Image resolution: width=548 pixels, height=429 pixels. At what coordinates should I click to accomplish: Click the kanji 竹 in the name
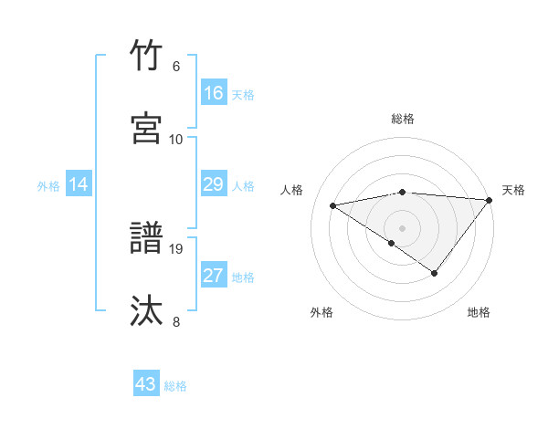(x=147, y=56)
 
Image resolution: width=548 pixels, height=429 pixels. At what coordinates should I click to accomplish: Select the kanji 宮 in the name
(x=147, y=129)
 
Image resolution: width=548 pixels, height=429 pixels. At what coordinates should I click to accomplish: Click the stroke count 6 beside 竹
(x=176, y=67)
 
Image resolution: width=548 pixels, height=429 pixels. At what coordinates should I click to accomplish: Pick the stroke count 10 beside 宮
(x=176, y=140)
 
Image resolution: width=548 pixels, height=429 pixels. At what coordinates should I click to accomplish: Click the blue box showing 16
(x=213, y=93)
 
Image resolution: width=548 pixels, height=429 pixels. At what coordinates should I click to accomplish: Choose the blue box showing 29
(x=213, y=184)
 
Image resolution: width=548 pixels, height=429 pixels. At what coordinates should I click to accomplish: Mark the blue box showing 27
(x=213, y=276)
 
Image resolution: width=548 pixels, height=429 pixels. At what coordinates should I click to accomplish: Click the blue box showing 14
(x=79, y=184)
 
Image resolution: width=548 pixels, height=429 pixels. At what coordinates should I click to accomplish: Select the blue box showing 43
(x=146, y=385)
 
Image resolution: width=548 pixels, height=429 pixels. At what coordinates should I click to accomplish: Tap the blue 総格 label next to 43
(x=175, y=386)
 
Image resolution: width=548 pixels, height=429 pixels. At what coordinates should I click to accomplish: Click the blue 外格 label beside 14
(x=48, y=185)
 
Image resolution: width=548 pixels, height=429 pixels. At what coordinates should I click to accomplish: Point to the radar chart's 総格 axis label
(x=403, y=119)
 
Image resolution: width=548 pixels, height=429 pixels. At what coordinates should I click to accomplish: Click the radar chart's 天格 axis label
(x=513, y=190)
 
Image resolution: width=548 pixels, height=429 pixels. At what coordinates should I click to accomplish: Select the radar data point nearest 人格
(x=333, y=204)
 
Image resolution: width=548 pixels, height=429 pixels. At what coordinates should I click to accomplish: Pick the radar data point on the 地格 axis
(x=435, y=273)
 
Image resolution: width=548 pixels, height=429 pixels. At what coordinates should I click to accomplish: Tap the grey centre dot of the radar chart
(x=403, y=227)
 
